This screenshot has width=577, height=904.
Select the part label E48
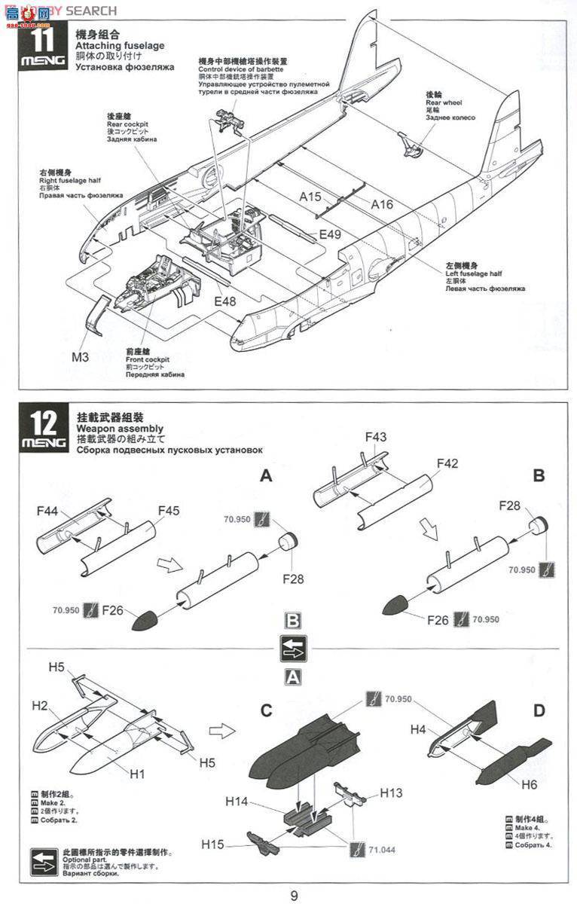pyautogui.click(x=227, y=301)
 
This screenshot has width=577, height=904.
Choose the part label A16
pyautogui.click(x=383, y=203)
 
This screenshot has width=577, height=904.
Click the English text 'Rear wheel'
pyautogui.click(x=444, y=102)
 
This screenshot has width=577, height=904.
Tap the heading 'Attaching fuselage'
pyautogui.click(x=120, y=46)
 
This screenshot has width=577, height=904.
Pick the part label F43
pyautogui.click(x=375, y=437)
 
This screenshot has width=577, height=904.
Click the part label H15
pyautogui.click(x=213, y=844)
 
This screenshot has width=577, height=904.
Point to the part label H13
pyautogui.click(x=392, y=793)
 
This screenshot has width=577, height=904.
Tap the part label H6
pyautogui.click(x=529, y=784)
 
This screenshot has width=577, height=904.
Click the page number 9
pyautogui.click(x=294, y=895)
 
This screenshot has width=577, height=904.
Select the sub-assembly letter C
pyautogui.click(x=266, y=710)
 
